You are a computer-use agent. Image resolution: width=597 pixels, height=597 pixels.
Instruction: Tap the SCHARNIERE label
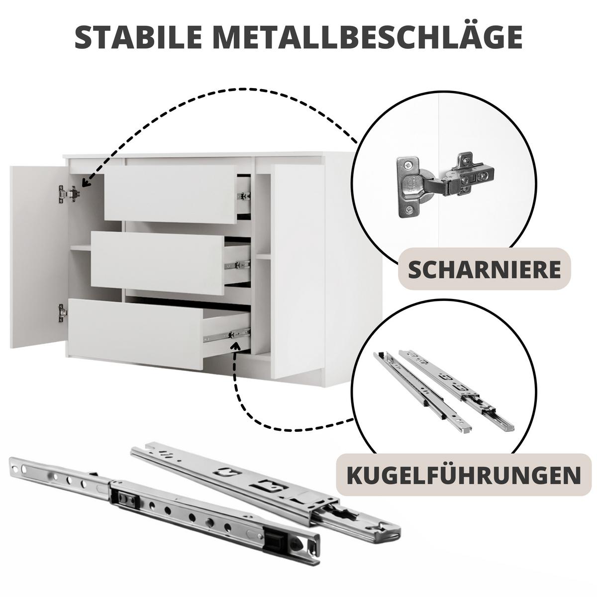coord(484,270)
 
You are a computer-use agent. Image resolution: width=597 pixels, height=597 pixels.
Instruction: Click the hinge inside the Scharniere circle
coord(445,185)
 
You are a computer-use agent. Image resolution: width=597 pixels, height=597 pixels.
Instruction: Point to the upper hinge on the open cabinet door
coord(69,194)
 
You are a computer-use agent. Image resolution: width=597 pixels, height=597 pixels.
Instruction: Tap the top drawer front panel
coord(171,194)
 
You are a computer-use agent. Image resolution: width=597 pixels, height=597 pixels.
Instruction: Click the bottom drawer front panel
coord(136,334)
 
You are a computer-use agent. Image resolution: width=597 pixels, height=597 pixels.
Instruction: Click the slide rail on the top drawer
coord(244,196)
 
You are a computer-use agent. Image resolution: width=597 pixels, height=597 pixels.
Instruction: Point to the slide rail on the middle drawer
coord(237,265)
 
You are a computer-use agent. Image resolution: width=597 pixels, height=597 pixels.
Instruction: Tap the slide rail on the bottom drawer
coord(227,335)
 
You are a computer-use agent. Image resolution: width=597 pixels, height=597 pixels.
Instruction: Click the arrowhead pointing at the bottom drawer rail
coord(236,346)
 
